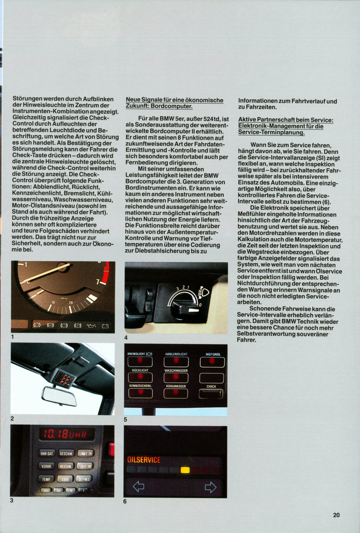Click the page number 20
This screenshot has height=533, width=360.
[336, 515]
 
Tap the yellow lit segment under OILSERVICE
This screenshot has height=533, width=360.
[185, 470]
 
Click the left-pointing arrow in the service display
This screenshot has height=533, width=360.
[139, 487]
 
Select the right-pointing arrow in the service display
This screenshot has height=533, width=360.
[210, 487]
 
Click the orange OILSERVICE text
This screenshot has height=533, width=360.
[144, 460]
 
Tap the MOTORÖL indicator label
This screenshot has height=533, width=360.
[213, 354]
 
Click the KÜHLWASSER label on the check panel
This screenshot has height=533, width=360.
[176, 386]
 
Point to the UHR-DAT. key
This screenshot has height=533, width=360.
[47, 454]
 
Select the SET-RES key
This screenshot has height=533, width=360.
[84, 479]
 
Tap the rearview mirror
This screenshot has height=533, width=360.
[59, 396]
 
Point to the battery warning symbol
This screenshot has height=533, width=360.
[105, 326]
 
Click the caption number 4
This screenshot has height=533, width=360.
[126, 338]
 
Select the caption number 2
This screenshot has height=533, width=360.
[12, 418]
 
